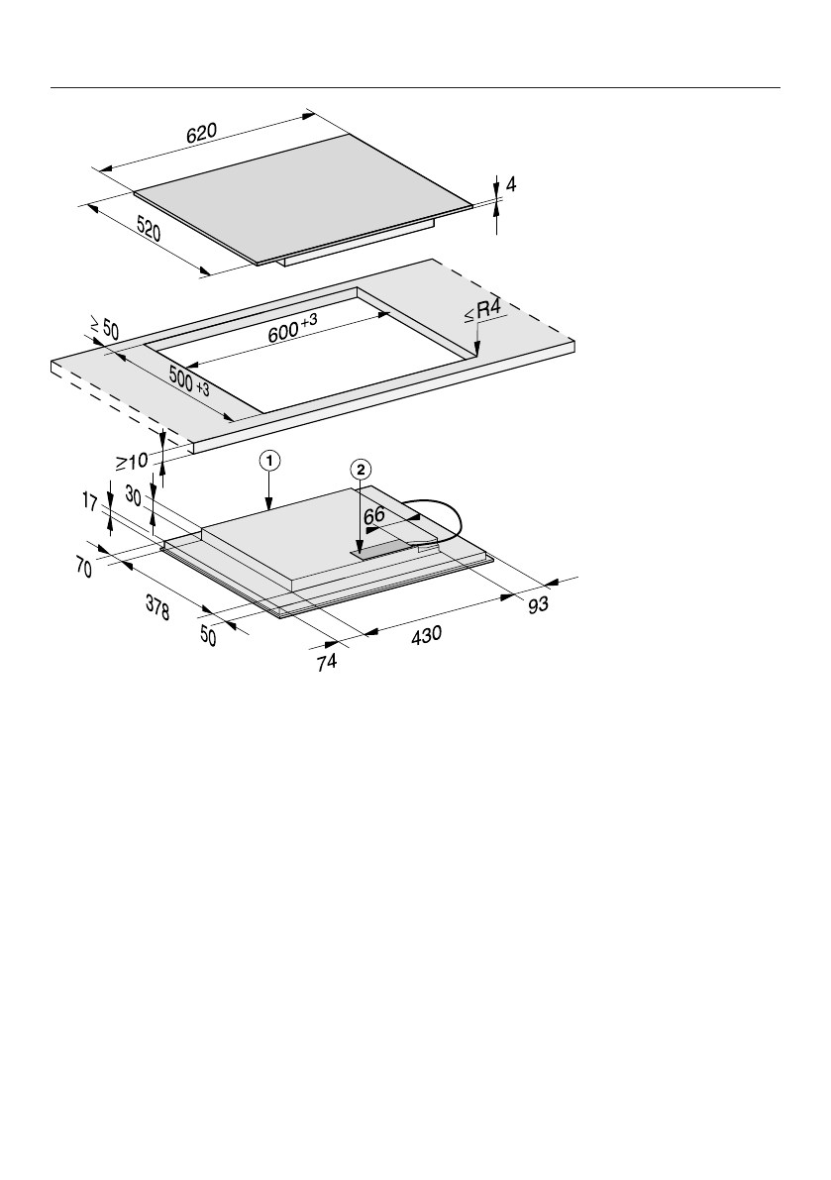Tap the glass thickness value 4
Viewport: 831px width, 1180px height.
[511, 184]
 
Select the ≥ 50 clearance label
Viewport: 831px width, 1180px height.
[103, 328]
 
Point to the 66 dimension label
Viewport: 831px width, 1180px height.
[374, 516]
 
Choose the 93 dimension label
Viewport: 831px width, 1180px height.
[537, 603]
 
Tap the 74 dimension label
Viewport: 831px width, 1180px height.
[327, 663]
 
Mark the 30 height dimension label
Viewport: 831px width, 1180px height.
[134, 492]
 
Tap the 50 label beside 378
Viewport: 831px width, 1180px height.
[208, 635]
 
